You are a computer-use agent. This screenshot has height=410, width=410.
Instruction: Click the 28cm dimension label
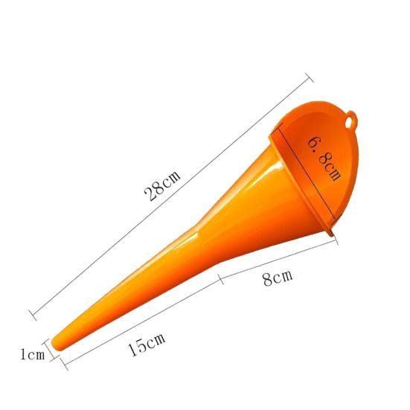pos(162,185)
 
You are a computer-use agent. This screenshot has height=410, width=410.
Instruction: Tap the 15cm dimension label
pos(147,345)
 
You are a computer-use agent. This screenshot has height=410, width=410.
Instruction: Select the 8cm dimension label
pos(278,278)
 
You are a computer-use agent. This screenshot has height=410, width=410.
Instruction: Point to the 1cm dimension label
pos(33,355)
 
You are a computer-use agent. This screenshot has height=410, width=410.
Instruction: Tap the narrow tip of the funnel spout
pos(57,344)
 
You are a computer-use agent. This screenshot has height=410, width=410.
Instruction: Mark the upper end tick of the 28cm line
pos(310,77)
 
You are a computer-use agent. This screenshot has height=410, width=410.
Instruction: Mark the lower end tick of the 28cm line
pos(33,315)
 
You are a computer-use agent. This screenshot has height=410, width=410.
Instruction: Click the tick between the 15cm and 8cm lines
pos(221,279)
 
